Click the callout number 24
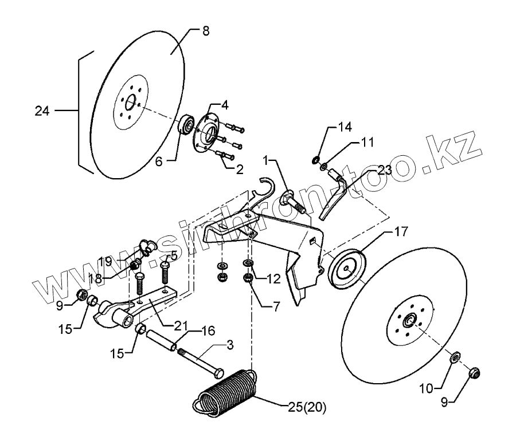tap(42, 111)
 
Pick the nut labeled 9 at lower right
tap(474, 373)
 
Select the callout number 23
tap(384, 170)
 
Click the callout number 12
tap(273, 279)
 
